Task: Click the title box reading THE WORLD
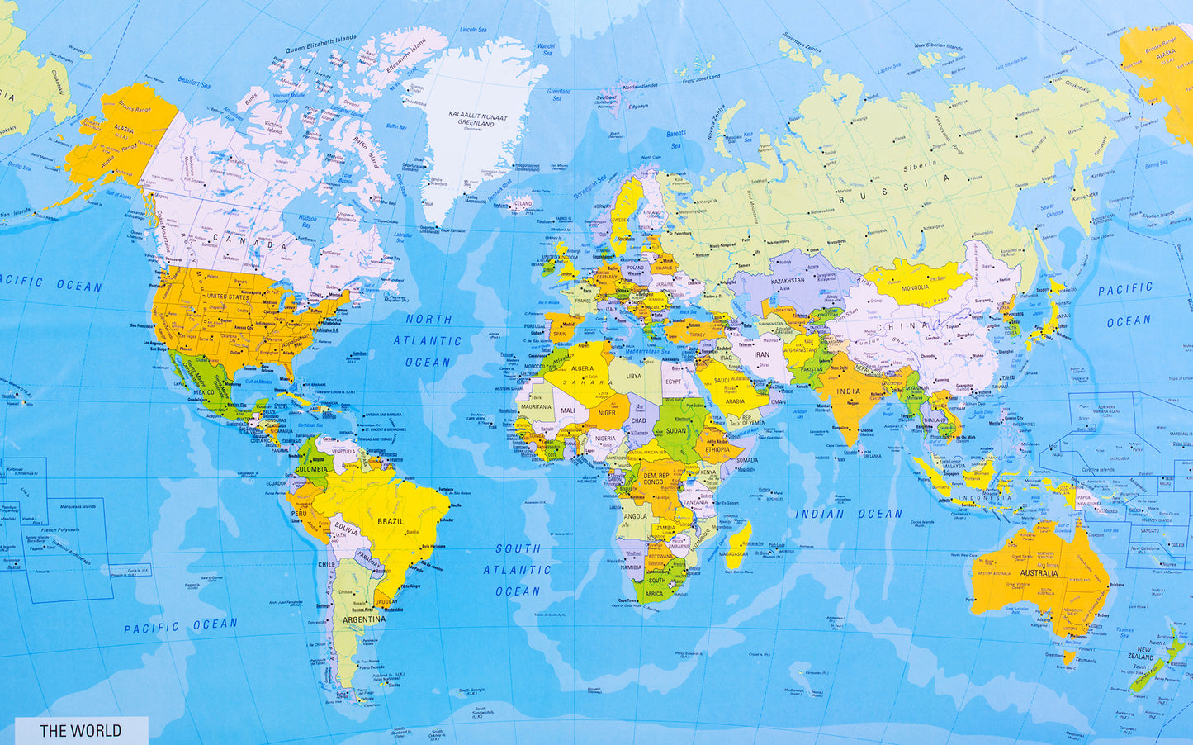81,730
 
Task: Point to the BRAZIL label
391,521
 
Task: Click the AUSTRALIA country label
1039,572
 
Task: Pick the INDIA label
848,391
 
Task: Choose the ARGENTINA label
363,619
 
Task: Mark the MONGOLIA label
916,287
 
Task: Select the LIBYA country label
633,376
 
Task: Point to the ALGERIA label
583,368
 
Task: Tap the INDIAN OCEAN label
849,514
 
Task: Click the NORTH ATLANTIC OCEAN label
428,340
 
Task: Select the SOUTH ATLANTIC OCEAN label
518,570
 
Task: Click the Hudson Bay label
307,221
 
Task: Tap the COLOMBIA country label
311,470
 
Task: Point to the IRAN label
761,354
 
